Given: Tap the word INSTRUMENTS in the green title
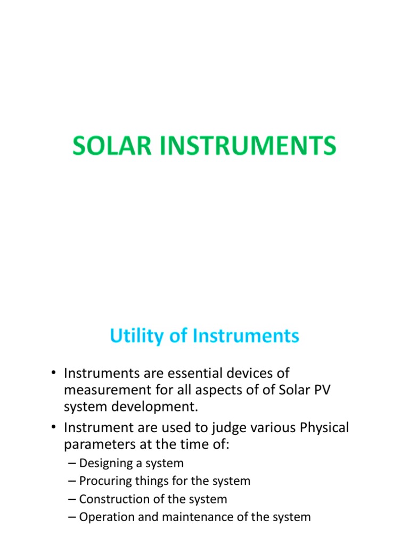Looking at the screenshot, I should point(244,146).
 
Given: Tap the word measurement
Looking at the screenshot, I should point(109,391).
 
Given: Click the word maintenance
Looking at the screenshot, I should point(184,517).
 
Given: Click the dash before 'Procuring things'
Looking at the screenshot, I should point(72,481).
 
